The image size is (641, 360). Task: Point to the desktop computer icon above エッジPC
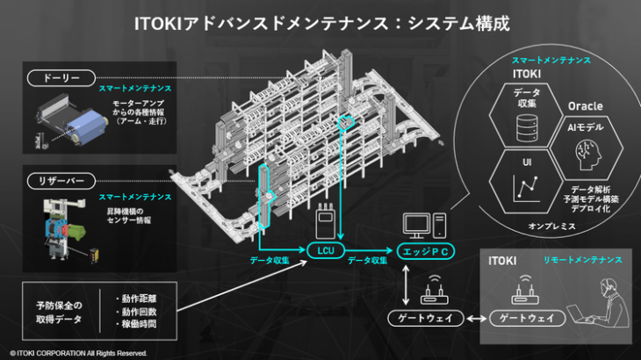[x=423, y=225]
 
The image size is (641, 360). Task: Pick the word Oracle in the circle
[x=585, y=105]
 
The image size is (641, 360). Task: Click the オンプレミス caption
[x=552, y=226]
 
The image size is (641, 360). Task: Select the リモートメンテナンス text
[x=583, y=260]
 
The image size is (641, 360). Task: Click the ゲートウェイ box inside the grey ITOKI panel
[x=527, y=318]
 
